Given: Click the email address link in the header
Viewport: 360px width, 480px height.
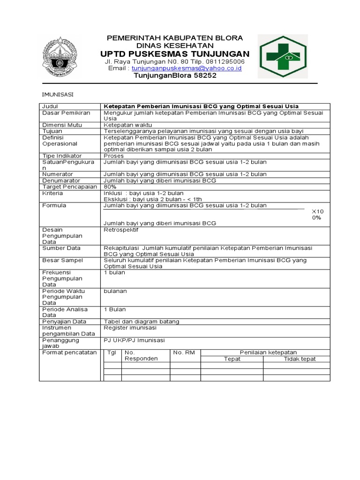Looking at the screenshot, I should pos(186,68).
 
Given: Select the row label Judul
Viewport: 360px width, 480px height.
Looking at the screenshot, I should pos(50,106).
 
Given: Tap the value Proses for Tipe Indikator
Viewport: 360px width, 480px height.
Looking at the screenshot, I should pos(114,156).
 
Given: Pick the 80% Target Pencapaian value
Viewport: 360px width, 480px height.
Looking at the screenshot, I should pos(110,187).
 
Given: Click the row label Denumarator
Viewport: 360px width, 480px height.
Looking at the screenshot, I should pos(61,180).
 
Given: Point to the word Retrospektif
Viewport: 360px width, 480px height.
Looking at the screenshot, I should pos(121,230).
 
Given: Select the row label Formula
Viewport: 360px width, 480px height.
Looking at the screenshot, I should pos(54,205).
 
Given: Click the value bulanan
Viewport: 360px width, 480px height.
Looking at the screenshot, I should pos(115,291).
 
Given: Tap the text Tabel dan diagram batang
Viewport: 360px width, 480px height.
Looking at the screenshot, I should pos(142,322).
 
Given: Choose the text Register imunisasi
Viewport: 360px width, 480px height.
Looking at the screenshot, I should pos(130,328).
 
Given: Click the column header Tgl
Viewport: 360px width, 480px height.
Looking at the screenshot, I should pos(112,352).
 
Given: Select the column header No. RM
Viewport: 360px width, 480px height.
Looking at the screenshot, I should pos(184,352).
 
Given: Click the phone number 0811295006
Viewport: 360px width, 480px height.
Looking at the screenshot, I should pos(220,61).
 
